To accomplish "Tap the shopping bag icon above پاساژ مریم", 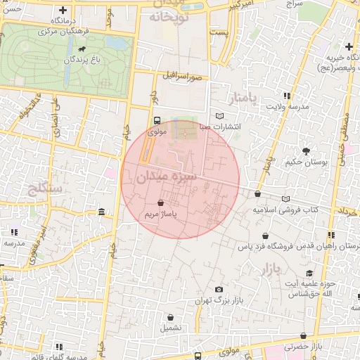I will coord(162,202).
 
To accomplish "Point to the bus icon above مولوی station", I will coord(157,120).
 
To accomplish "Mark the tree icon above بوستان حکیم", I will coord(306,151).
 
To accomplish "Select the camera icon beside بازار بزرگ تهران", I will coord(219,290).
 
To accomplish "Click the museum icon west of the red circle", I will coord(103,212).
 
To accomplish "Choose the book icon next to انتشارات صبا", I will coord(220,116).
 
